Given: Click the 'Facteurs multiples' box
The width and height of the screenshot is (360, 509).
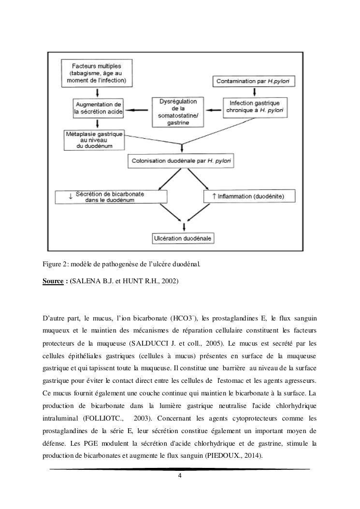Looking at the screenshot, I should click(x=96, y=73).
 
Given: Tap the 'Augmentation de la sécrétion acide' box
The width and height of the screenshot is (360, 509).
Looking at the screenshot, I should click(x=99, y=108).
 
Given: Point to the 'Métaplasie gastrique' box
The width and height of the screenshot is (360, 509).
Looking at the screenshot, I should click(x=95, y=139).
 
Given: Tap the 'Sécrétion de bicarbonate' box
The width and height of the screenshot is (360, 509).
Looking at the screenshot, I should click(x=111, y=196).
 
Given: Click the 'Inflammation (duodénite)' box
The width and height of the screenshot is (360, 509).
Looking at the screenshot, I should click(x=248, y=196).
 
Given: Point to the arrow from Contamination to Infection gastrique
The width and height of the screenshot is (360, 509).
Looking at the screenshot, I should click(x=250, y=92).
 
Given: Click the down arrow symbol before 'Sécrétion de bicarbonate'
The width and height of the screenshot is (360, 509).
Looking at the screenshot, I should click(x=71, y=196).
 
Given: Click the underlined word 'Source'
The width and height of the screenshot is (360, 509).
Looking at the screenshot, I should click(x=53, y=281).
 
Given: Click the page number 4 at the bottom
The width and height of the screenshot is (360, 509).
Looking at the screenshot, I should click(x=180, y=476).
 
